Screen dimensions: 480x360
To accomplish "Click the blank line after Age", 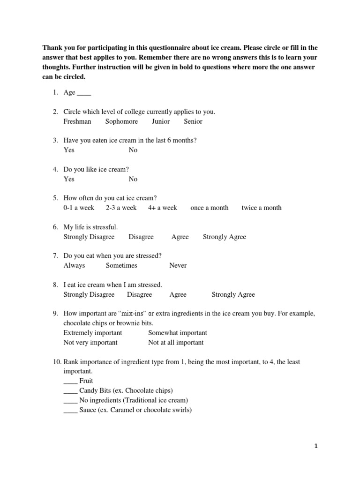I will coord(84,93).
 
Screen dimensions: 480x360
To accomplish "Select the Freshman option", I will coord(77,121).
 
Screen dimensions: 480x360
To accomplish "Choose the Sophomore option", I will coord(121,121).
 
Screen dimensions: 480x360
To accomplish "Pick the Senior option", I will coord(193,121).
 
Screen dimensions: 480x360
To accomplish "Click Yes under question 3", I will coord(69,150).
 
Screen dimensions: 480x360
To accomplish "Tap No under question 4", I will coord(133,179).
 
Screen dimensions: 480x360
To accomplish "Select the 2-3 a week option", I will coord(121,208).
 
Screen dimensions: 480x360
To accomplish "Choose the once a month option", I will coord(209,208).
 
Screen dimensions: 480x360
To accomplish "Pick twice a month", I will coord(262,208).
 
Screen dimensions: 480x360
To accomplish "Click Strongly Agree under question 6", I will coord(224,237).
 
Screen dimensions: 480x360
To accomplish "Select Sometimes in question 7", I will coord(121,265).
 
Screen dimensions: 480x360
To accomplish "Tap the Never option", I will coord(178,265).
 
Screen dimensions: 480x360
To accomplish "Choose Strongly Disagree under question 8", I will coord(89,294).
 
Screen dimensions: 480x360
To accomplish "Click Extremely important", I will coord(93,333).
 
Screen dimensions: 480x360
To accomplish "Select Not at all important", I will coord(176,343).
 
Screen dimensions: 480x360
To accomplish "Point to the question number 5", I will coord(55,198).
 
